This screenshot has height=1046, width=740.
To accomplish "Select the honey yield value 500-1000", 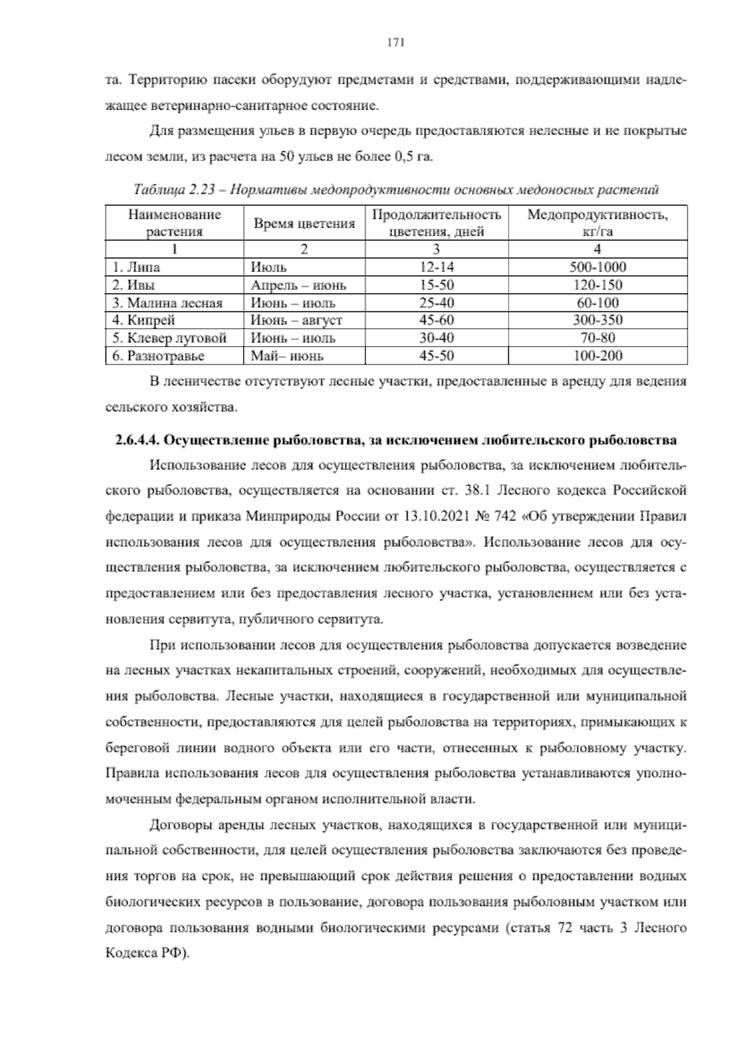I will tap(597, 267).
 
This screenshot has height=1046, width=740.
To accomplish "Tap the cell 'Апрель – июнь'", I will tap(298, 285).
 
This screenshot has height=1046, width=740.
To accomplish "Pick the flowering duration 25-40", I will tap(437, 303).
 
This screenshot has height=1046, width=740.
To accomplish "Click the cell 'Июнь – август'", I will tap(296, 320).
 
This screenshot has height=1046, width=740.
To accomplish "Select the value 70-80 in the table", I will tap(597, 338).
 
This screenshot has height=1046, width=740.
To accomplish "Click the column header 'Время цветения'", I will tap(305, 224).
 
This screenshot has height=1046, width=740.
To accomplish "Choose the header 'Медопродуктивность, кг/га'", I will tap(597, 223).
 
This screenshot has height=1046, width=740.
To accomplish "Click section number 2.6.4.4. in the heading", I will tap(137, 440).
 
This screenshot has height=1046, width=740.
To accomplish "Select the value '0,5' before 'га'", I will tap(403, 157).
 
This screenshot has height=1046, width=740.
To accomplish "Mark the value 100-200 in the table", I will tap(597, 356).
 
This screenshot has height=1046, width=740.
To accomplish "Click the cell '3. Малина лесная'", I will tap(167, 303).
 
